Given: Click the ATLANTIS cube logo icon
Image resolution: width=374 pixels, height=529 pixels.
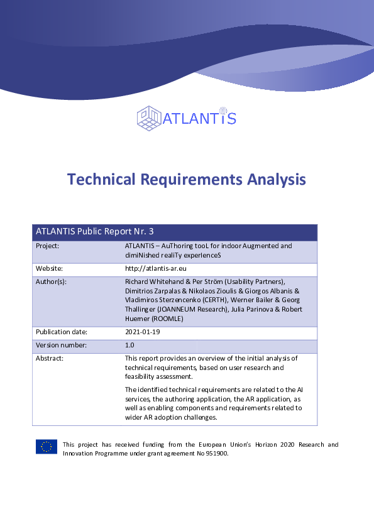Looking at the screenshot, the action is (x=149, y=118).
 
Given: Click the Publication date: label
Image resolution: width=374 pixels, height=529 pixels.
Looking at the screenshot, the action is (x=61, y=332).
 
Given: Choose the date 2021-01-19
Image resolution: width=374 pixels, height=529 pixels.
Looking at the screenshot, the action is (x=143, y=332).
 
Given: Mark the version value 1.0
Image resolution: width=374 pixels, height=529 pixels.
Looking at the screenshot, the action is (x=130, y=345).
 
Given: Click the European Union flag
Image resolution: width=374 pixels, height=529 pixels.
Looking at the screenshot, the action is (x=47, y=447).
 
